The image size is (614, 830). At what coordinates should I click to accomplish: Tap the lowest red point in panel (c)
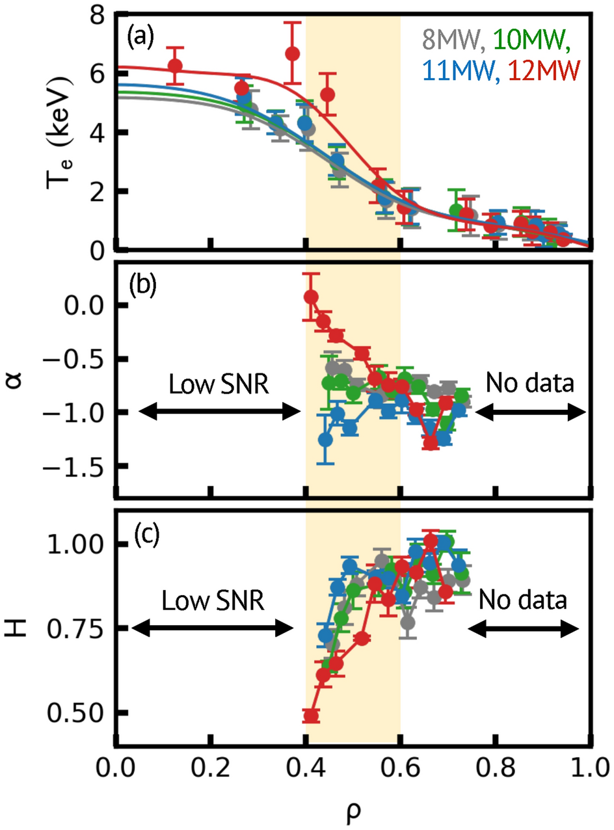[312, 716]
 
